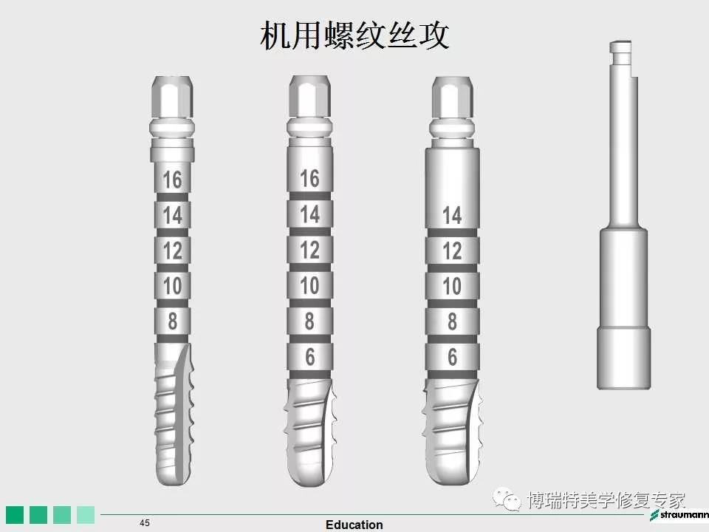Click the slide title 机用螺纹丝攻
(x=354, y=35)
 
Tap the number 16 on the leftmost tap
(x=172, y=180)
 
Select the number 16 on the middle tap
(x=309, y=178)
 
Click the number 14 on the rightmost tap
(x=452, y=215)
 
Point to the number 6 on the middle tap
(x=309, y=357)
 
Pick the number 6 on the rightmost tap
(x=452, y=357)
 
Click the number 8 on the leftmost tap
(x=172, y=321)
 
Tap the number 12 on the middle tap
(x=309, y=250)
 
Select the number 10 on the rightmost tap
(x=452, y=286)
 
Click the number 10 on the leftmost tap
(x=172, y=286)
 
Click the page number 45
(x=145, y=523)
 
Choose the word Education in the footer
(x=354, y=525)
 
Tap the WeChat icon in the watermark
(x=507, y=499)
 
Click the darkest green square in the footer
(x=15, y=515)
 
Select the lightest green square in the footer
(x=86, y=515)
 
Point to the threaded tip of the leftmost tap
(x=173, y=414)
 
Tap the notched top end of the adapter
(x=620, y=53)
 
